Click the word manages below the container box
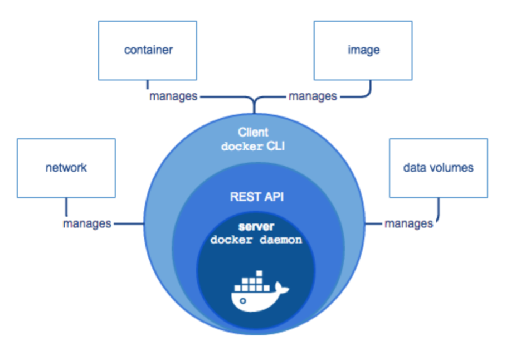173,96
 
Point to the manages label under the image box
312,96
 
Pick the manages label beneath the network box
87,223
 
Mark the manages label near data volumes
408,223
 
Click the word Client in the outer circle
253,133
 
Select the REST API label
253,197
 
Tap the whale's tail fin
283,288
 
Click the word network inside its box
66,167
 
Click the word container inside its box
148,50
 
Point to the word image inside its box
363,50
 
